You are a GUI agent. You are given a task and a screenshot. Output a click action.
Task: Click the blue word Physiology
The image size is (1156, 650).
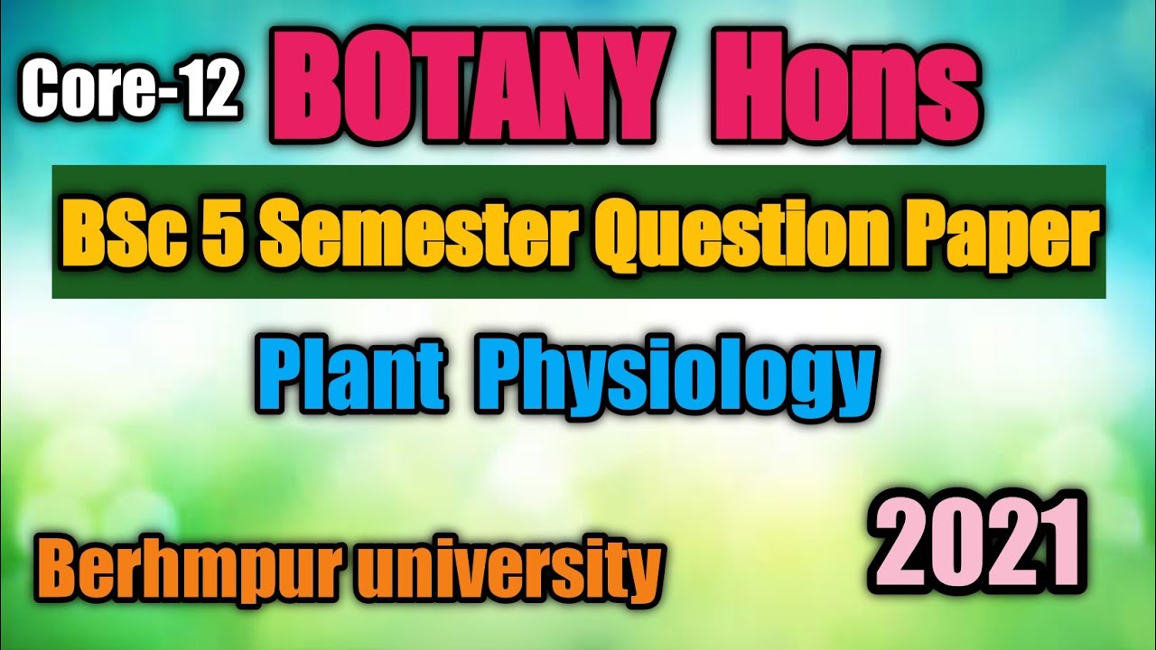[684, 376]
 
